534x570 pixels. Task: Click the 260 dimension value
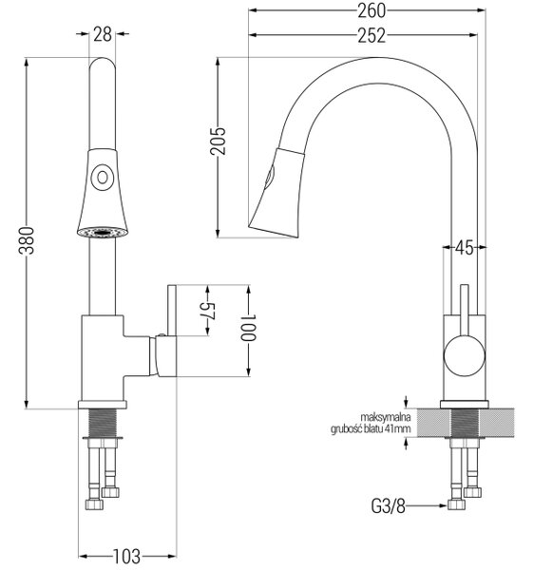tap(372, 10)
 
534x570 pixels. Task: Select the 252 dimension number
tap(372, 35)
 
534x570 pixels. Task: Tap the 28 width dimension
tap(103, 34)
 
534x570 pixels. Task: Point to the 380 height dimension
tap(27, 240)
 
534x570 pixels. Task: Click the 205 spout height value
tap(218, 141)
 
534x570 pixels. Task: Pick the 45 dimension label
tap(465, 248)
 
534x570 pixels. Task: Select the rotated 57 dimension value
tap(209, 312)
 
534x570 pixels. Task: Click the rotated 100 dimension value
tap(249, 327)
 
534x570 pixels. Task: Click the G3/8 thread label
tap(388, 505)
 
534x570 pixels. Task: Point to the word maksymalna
tap(386, 417)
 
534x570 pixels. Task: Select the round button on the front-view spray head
tap(103, 178)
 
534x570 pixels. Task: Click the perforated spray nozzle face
tap(103, 232)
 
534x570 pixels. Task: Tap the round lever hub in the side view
tap(465, 356)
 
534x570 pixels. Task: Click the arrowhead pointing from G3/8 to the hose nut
tap(443, 505)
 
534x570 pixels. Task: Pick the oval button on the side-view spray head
tap(269, 177)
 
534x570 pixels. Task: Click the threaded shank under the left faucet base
tap(103, 423)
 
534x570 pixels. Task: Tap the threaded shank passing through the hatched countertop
tap(465, 423)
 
